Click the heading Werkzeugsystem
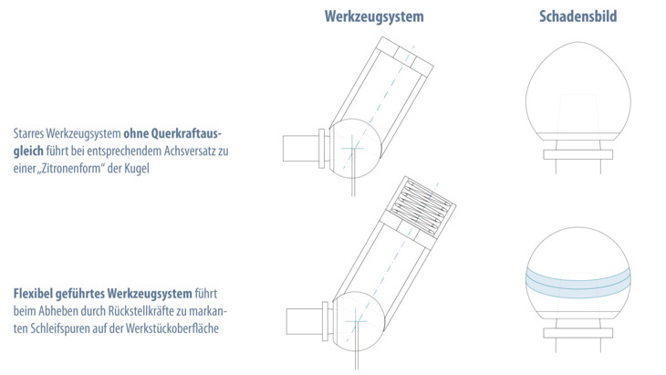[374, 17]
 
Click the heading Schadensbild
[578, 16]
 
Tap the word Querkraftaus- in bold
[172, 134]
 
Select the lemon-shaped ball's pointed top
[578, 42]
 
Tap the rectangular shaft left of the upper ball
[301, 148]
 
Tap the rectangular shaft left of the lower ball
[304, 321]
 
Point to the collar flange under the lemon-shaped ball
[578, 154]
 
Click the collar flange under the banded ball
[578, 333]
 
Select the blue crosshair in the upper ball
[352, 148]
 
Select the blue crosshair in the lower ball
[356, 321]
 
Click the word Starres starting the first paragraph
[28, 134]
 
